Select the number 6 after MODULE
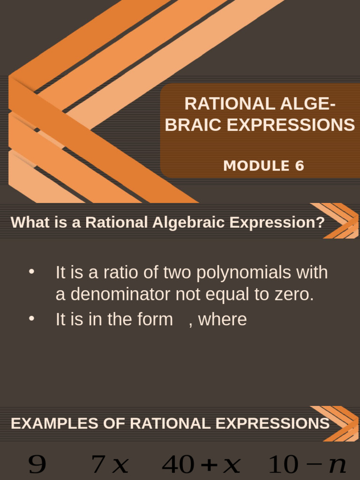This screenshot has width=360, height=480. pos(300,166)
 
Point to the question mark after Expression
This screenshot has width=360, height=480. pos(321,222)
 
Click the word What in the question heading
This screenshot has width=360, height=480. pos(26,222)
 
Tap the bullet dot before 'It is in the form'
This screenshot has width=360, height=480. pos(32,319)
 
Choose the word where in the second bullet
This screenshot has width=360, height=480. pos(223,319)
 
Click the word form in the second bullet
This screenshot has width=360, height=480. pos(156,319)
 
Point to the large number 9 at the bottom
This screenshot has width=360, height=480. pos(37,465)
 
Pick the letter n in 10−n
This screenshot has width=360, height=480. pos(337,465)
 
